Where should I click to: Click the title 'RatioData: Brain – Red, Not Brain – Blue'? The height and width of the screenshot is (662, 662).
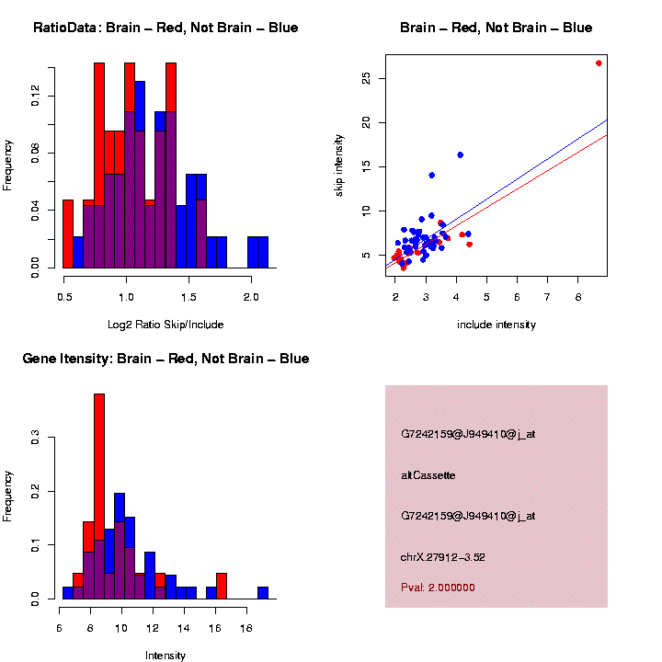165,28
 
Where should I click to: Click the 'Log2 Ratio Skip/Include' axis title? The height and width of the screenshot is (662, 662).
165,325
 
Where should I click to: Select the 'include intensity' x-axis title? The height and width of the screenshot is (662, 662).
496,325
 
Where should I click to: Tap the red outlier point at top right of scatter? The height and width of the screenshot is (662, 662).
599,63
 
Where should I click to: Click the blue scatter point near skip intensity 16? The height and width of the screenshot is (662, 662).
460,154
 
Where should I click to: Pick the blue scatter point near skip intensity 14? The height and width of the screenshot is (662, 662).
431,175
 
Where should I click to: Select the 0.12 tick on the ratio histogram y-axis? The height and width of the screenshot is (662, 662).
35,96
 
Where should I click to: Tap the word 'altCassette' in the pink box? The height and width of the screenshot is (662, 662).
428,475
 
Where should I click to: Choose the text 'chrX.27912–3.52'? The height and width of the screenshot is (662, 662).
443,556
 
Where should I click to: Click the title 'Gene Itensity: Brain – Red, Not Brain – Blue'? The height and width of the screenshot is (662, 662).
165,359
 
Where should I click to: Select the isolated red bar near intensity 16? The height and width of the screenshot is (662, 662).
222,586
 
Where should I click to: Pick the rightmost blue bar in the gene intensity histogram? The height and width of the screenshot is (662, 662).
263,592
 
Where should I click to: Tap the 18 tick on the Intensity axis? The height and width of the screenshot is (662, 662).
246,629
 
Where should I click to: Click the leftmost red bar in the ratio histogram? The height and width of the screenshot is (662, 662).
68,234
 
